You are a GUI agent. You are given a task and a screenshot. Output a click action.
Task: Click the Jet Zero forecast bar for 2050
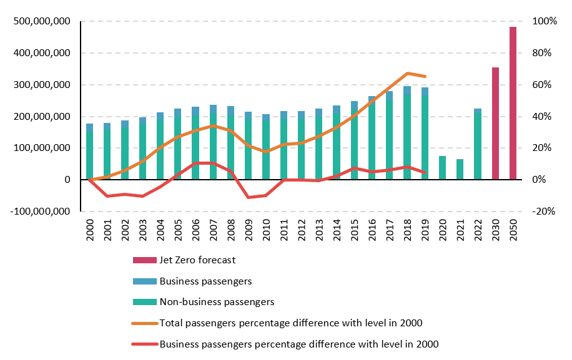[513, 104]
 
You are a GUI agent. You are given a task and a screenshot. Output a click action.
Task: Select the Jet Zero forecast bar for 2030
[495, 124]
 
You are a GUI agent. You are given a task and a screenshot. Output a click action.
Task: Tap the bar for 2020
[442, 168]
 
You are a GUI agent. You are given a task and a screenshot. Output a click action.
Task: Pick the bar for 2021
[460, 170]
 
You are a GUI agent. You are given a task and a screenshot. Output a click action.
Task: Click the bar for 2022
[478, 144]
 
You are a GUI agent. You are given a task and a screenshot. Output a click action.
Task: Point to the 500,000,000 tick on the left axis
[41, 22]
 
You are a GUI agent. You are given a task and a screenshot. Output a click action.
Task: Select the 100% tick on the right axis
[543, 22]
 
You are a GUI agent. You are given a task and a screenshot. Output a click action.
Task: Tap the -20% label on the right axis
[543, 212]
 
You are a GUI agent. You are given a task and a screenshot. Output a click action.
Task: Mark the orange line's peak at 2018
[407, 74]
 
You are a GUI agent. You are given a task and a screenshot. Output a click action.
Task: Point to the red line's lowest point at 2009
[248, 198]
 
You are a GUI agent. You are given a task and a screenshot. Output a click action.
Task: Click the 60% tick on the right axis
[542, 85]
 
